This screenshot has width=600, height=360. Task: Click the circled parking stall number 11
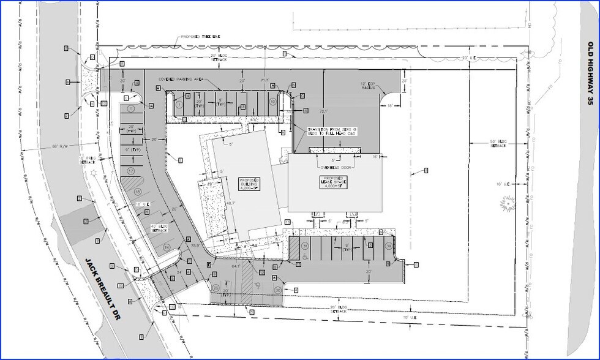[130, 108]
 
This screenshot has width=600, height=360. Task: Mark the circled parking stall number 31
[304, 246]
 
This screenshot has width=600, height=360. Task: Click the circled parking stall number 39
[389, 246]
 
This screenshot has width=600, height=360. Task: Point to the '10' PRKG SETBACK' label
[88, 160]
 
